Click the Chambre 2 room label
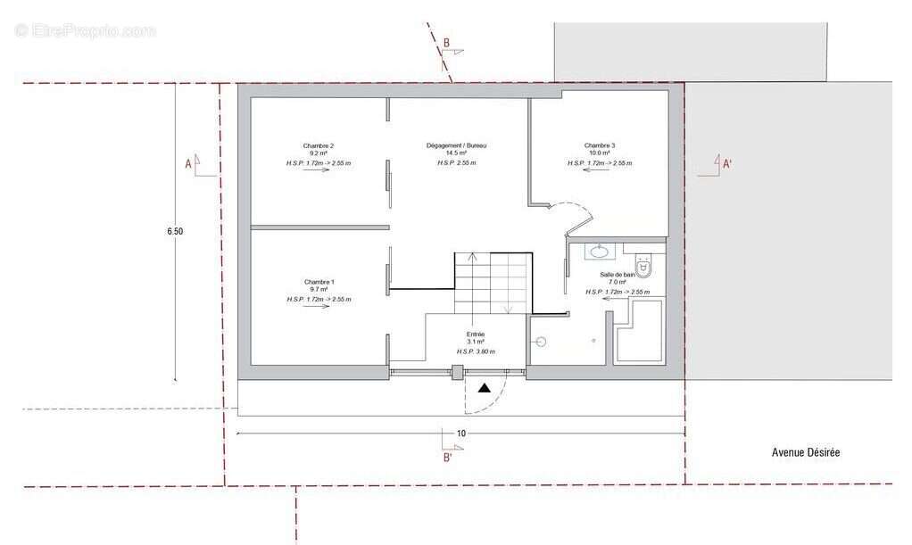(x=319, y=145)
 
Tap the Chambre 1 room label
(x=319, y=282)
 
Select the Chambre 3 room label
(x=600, y=145)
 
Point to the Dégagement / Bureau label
(x=456, y=145)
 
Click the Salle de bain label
(x=617, y=275)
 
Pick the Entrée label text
(x=475, y=334)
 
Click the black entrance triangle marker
(x=484, y=388)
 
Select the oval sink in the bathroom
(x=597, y=252)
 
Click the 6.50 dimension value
(x=175, y=231)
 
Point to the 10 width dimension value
(x=461, y=434)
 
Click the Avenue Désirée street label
(x=805, y=452)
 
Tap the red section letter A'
(x=726, y=163)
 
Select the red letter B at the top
(x=446, y=42)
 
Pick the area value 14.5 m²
(x=456, y=154)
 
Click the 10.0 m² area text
(x=600, y=154)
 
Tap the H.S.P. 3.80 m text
(x=475, y=351)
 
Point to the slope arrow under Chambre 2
(x=318, y=172)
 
